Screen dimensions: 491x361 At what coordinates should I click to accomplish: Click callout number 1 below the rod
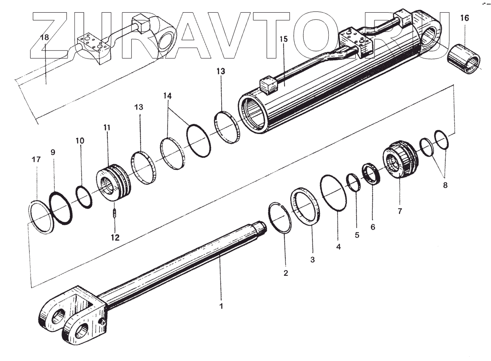[x=221, y=306]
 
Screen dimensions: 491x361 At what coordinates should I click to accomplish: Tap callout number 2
[x=286, y=273]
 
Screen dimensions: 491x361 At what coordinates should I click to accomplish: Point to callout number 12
[x=114, y=237]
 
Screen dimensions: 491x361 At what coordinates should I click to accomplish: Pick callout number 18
[x=45, y=37]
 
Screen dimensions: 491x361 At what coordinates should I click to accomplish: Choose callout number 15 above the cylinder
[x=284, y=39]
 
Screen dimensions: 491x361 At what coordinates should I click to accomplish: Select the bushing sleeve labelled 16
[x=465, y=58]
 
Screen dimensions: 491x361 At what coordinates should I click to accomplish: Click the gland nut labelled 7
[x=400, y=163]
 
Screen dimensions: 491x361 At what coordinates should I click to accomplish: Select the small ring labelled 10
[x=84, y=197]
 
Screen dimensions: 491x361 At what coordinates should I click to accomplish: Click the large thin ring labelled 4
[x=334, y=193]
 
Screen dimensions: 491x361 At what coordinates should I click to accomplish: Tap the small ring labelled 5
[x=354, y=183]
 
